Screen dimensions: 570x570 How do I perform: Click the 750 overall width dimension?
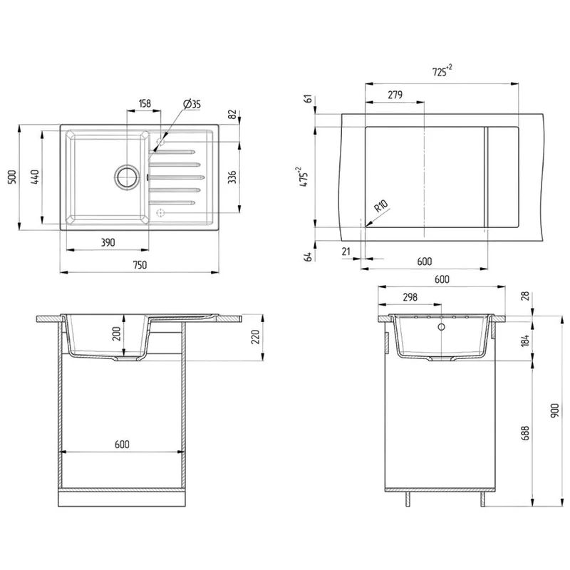coord(140,264)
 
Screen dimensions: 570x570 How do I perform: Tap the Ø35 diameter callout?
coord(192,104)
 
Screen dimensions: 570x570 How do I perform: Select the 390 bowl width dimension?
coord(108,242)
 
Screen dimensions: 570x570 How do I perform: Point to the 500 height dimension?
coord(12,177)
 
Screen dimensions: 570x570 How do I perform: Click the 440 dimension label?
coord(35,177)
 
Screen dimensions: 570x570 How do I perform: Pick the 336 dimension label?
coord(232,177)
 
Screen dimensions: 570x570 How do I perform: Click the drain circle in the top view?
coord(127,177)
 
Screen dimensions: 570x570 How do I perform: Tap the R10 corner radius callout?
coord(381,206)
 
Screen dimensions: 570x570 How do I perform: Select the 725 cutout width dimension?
coord(442,71)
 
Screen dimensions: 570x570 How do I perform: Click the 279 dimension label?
coord(395,95)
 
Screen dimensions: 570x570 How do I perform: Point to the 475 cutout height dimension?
coord(304,177)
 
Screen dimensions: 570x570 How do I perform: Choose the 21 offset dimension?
coord(346,252)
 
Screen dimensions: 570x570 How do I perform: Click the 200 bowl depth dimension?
coord(116,333)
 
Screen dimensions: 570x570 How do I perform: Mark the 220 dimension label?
coord(256,337)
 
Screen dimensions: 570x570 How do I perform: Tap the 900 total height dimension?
coord(555,410)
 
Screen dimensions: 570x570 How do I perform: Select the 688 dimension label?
coord(525,433)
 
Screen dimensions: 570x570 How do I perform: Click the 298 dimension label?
coord(410,297)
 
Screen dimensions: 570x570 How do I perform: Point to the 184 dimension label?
coord(525,341)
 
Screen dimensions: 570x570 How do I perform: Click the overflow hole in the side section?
coord(441,327)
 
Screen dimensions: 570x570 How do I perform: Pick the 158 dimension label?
coord(145,103)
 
